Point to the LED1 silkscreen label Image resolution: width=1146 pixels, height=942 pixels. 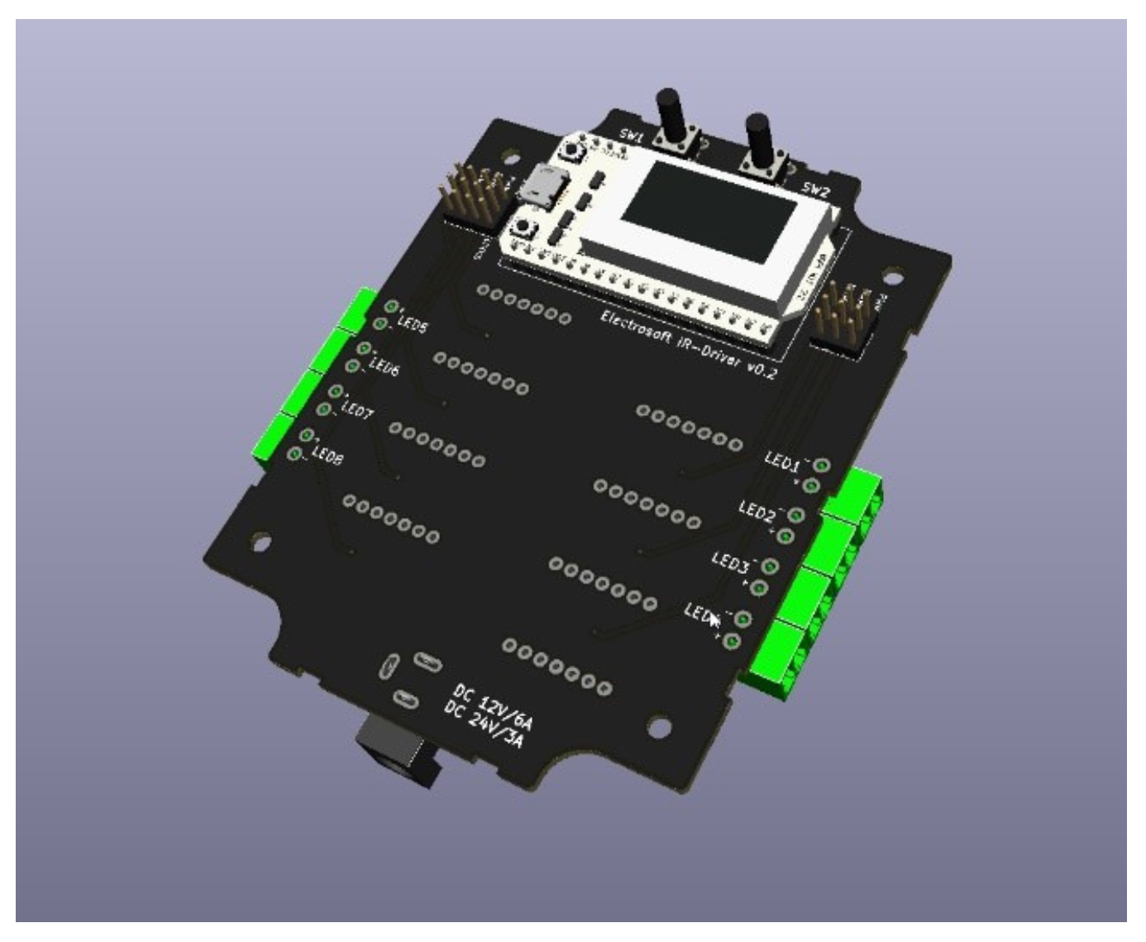tap(781, 461)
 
